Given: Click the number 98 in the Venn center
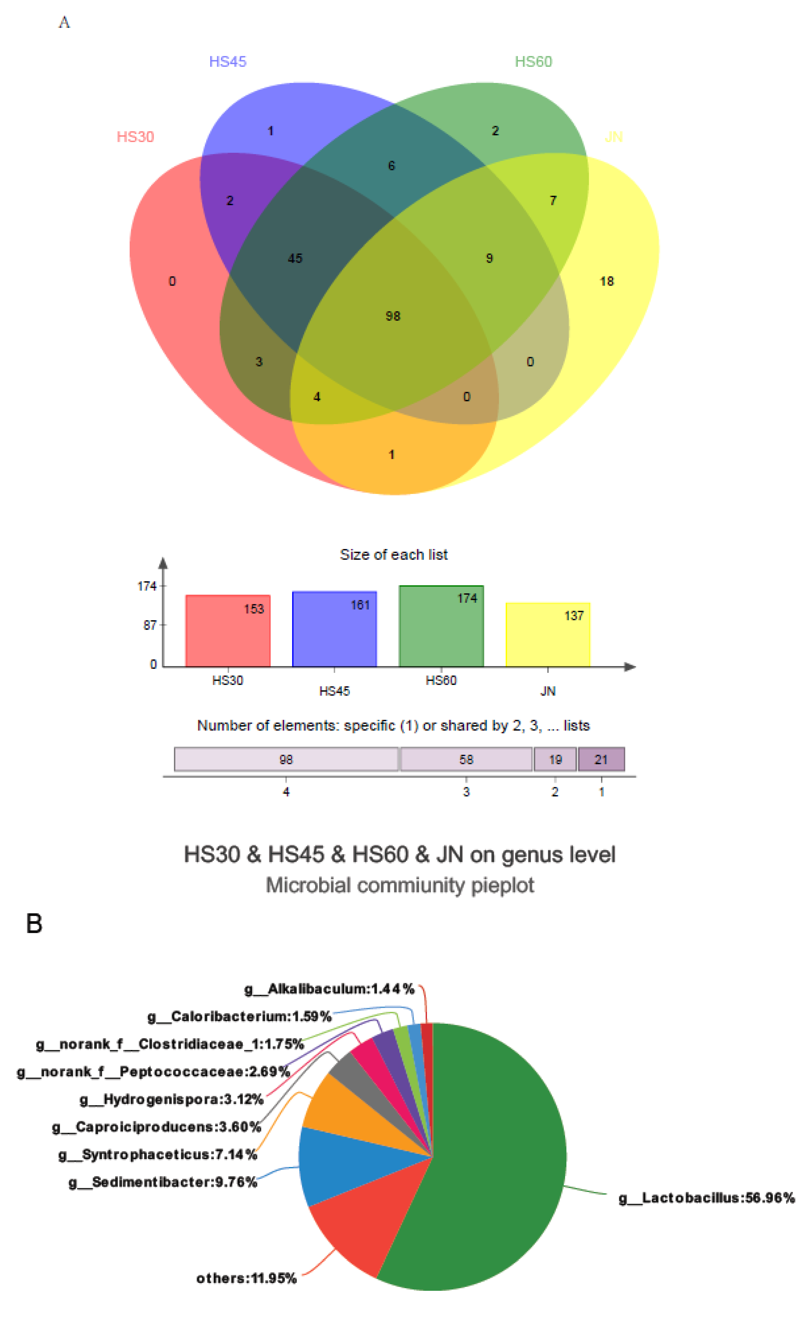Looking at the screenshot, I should point(393,316).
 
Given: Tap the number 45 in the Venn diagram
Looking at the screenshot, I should point(295,259).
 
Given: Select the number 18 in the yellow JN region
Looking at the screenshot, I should point(607,281).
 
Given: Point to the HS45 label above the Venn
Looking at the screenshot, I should point(227,62).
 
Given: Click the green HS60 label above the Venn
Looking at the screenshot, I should point(533,62).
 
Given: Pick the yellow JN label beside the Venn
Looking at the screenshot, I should point(614,137).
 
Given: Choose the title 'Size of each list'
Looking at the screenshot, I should point(394,555).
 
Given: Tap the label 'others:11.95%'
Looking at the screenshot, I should point(246,1278).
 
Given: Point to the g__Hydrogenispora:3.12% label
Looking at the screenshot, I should point(172,1099).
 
